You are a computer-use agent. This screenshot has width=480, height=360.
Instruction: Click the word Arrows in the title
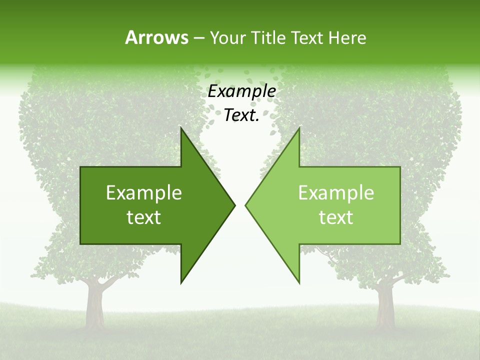coord(156,37)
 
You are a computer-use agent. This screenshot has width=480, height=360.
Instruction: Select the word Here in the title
coord(347,37)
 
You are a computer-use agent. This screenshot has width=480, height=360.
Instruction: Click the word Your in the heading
coord(227,37)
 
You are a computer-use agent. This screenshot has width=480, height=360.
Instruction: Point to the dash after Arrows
coord(198,38)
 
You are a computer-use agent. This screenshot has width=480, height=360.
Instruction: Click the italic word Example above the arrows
coord(241,91)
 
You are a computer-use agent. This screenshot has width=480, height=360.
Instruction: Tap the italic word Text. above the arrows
coord(241,115)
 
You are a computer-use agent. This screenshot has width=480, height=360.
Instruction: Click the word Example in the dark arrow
coord(144,193)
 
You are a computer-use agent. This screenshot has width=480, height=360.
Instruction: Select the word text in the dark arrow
coord(144,217)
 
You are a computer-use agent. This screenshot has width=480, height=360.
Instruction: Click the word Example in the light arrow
coord(336,193)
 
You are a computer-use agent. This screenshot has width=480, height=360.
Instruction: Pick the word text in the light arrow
coord(336,217)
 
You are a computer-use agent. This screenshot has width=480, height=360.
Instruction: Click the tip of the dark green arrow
coord(234,205)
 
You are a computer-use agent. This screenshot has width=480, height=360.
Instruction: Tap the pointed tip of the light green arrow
coord(246,205)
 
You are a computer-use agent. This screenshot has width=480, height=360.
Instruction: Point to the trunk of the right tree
coord(385,302)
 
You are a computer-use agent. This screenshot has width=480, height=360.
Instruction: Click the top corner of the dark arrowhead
coord(181,128)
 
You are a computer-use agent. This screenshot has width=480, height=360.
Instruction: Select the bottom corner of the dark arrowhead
coord(181,282)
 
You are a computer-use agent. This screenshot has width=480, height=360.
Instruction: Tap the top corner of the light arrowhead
coord(299,128)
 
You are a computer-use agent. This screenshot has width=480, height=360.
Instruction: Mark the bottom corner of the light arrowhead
coord(299,282)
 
